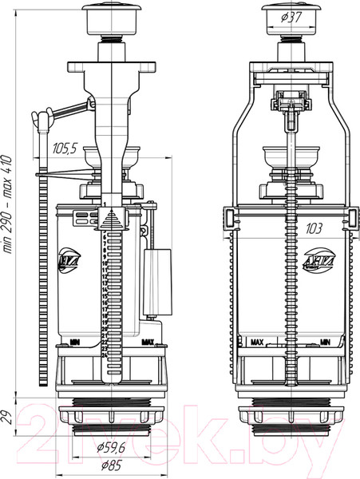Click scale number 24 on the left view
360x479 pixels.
click(105, 354)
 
